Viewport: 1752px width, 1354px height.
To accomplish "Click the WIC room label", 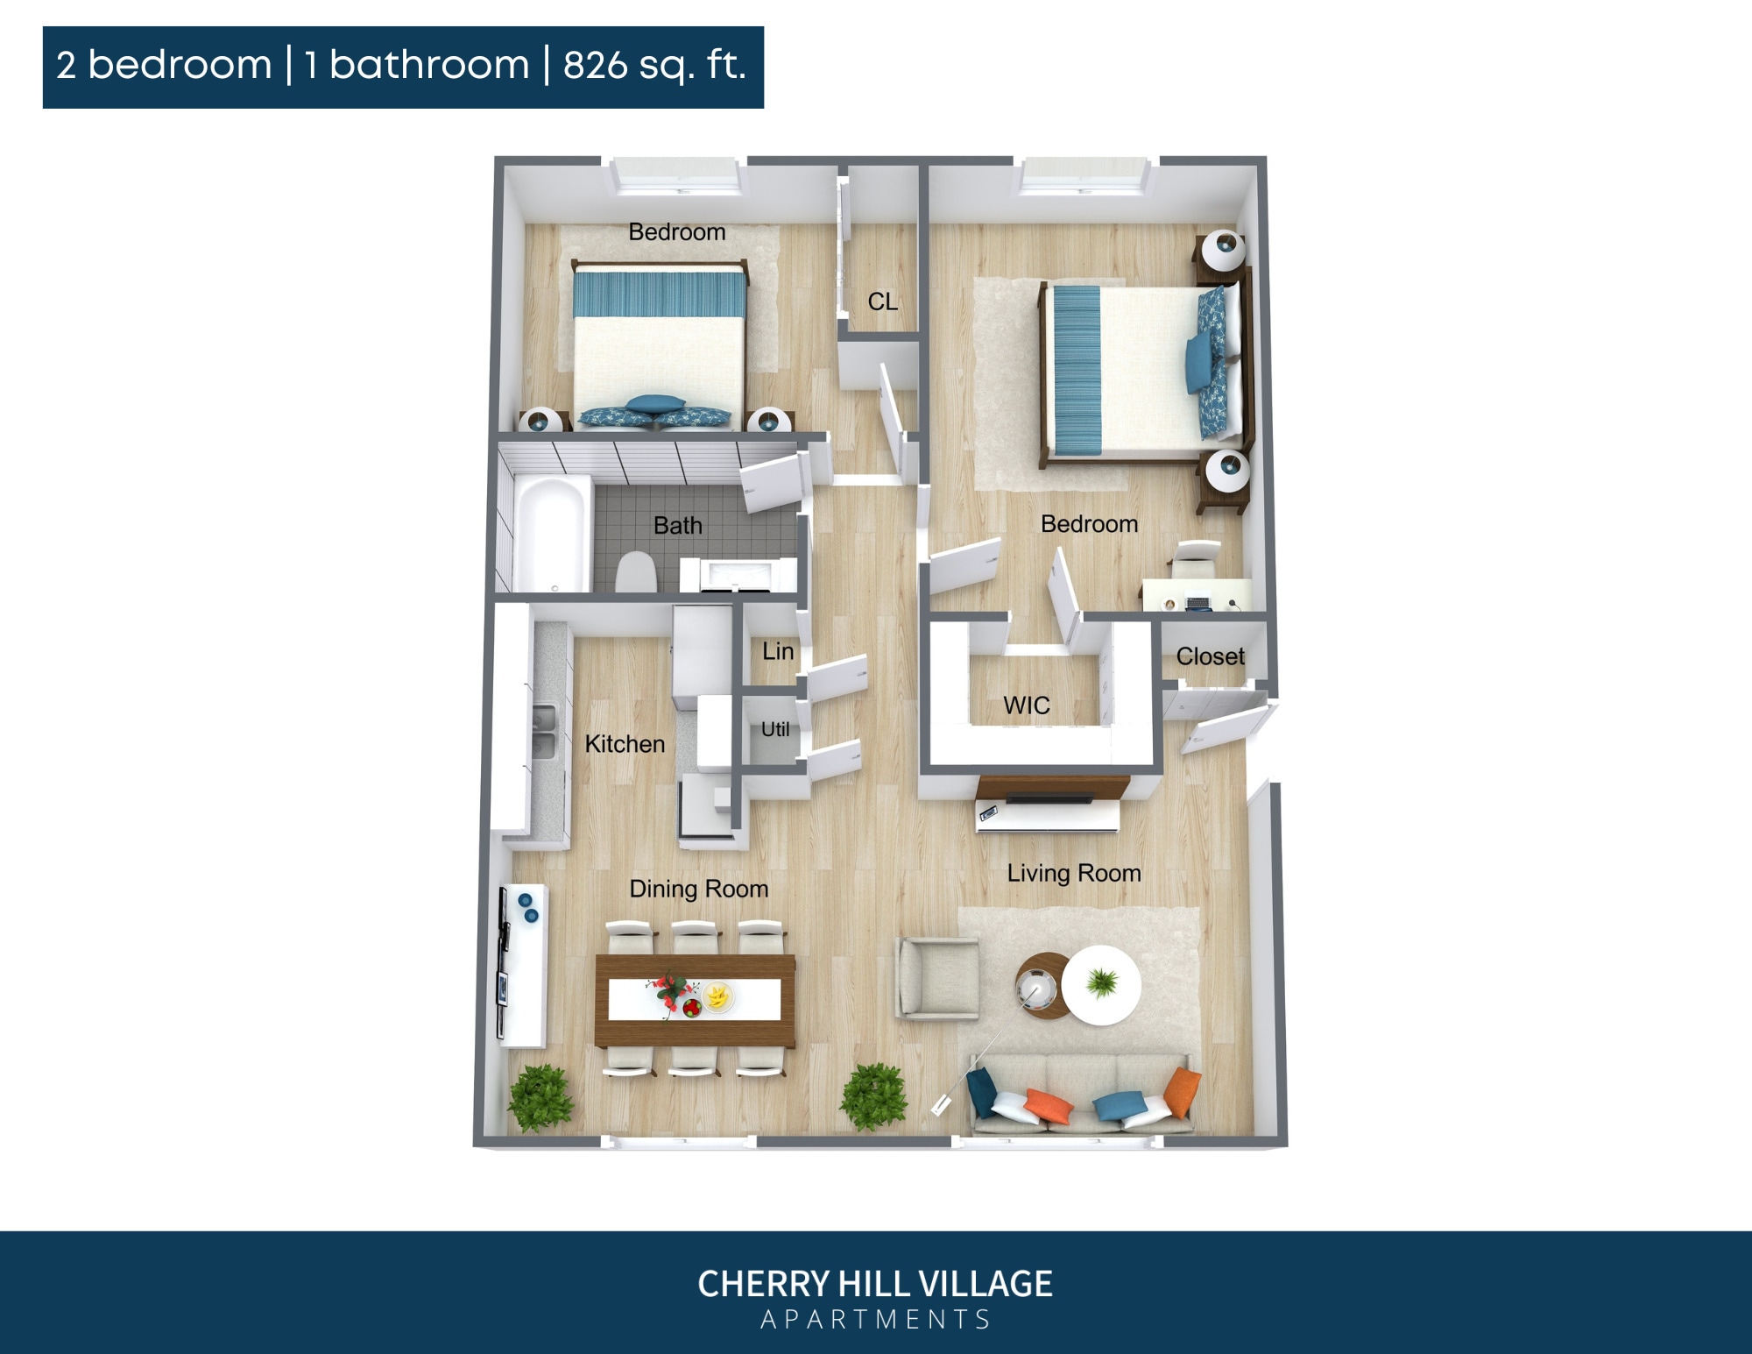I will click(1026, 705).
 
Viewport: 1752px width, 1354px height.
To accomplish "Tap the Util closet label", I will click(775, 729).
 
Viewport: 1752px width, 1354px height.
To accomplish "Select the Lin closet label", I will click(778, 651).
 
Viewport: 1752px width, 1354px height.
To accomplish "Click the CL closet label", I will click(882, 301).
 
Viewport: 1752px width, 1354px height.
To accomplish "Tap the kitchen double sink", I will click(544, 733).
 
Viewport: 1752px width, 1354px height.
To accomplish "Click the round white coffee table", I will click(1101, 985).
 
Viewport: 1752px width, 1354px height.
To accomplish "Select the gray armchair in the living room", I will click(937, 978).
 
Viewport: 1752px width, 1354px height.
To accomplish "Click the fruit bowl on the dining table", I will click(718, 996).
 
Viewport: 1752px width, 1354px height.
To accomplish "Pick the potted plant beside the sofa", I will click(874, 1095).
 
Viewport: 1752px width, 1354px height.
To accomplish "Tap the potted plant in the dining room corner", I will click(540, 1098).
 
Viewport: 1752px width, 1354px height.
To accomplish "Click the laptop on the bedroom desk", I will click(1197, 603).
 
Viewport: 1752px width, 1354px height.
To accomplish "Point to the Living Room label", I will click(1073, 873).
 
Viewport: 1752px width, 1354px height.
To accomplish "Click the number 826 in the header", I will click(593, 66).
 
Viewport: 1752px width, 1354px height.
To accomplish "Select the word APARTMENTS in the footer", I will click(875, 1319).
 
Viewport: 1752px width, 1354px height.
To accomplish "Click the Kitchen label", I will click(625, 744).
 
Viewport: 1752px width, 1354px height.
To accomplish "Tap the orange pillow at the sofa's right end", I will click(1182, 1092).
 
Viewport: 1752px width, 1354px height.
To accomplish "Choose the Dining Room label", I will click(698, 889).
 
